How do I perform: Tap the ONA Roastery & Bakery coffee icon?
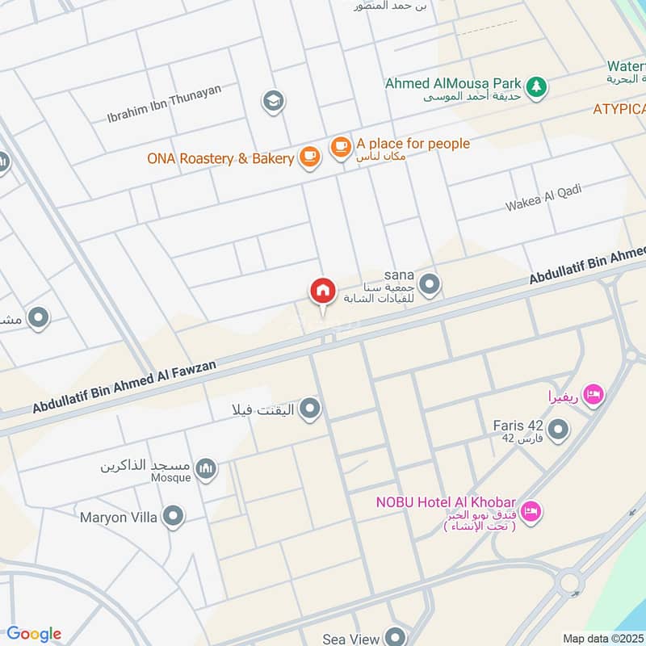(309, 157)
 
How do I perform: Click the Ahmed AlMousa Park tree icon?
(535, 85)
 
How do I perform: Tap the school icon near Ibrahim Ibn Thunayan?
(273, 101)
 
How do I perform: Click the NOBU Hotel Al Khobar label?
(446, 502)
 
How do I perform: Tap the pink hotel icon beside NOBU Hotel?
(531, 510)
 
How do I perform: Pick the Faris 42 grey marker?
(557, 430)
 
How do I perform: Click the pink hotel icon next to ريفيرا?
(594, 396)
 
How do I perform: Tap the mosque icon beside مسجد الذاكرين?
(208, 468)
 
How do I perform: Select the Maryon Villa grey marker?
(172, 517)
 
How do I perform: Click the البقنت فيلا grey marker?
(309, 411)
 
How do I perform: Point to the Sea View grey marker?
(394, 638)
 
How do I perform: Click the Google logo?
(34, 634)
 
